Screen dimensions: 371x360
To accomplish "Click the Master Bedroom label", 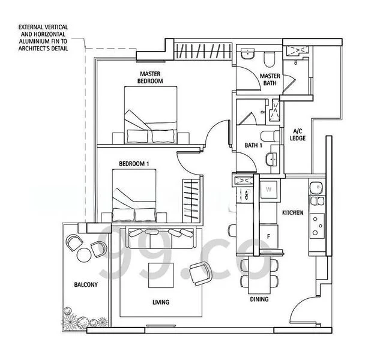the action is click(x=150, y=77).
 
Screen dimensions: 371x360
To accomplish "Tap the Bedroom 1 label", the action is click(x=134, y=164).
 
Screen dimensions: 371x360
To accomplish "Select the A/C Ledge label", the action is click(x=298, y=134).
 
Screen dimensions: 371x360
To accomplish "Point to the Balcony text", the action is click(x=86, y=284).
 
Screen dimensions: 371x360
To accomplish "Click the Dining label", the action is click(x=259, y=299).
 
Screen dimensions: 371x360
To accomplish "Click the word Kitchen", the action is click(x=293, y=212).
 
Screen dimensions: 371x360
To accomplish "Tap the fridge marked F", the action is click(x=268, y=236).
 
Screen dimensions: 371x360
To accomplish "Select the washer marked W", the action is click(x=268, y=190).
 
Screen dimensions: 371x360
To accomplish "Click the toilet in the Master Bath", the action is click(x=269, y=59).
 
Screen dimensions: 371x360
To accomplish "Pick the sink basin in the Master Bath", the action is click(x=247, y=54).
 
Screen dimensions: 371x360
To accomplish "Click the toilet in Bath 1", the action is click(x=270, y=136).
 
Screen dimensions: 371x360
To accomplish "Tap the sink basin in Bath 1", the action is click(x=271, y=160).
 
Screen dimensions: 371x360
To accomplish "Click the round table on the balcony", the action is click(x=84, y=254).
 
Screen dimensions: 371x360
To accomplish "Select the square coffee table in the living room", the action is click(x=161, y=275).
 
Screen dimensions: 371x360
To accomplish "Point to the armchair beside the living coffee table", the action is click(x=201, y=274).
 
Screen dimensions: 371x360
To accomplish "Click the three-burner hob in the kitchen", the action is click(x=318, y=226).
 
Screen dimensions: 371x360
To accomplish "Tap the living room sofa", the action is click(x=161, y=238).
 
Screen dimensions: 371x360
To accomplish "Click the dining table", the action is click(x=259, y=275).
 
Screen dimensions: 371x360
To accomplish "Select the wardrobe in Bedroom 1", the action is click(x=190, y=200).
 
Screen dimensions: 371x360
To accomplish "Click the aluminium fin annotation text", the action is click(x=43, y=38).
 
